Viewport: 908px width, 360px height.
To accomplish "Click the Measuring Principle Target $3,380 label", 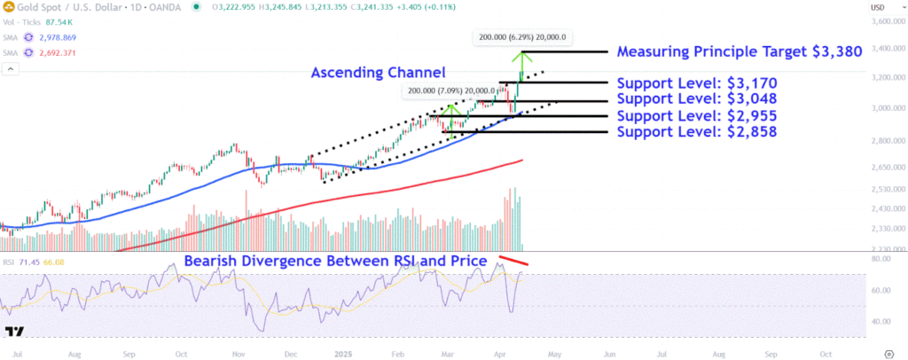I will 740,51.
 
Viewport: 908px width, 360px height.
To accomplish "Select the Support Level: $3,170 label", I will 696,83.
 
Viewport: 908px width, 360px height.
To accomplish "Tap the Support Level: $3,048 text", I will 696,99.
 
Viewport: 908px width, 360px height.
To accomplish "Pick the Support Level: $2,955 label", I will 696,116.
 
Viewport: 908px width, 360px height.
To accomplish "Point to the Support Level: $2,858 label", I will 696,132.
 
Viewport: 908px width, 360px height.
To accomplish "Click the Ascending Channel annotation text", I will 376,72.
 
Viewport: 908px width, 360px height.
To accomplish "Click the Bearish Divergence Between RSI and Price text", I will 335,262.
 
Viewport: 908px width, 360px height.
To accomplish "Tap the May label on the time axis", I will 555,352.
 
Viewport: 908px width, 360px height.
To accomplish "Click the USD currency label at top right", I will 879,7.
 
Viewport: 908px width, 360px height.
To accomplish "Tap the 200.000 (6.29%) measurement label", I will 521,38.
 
